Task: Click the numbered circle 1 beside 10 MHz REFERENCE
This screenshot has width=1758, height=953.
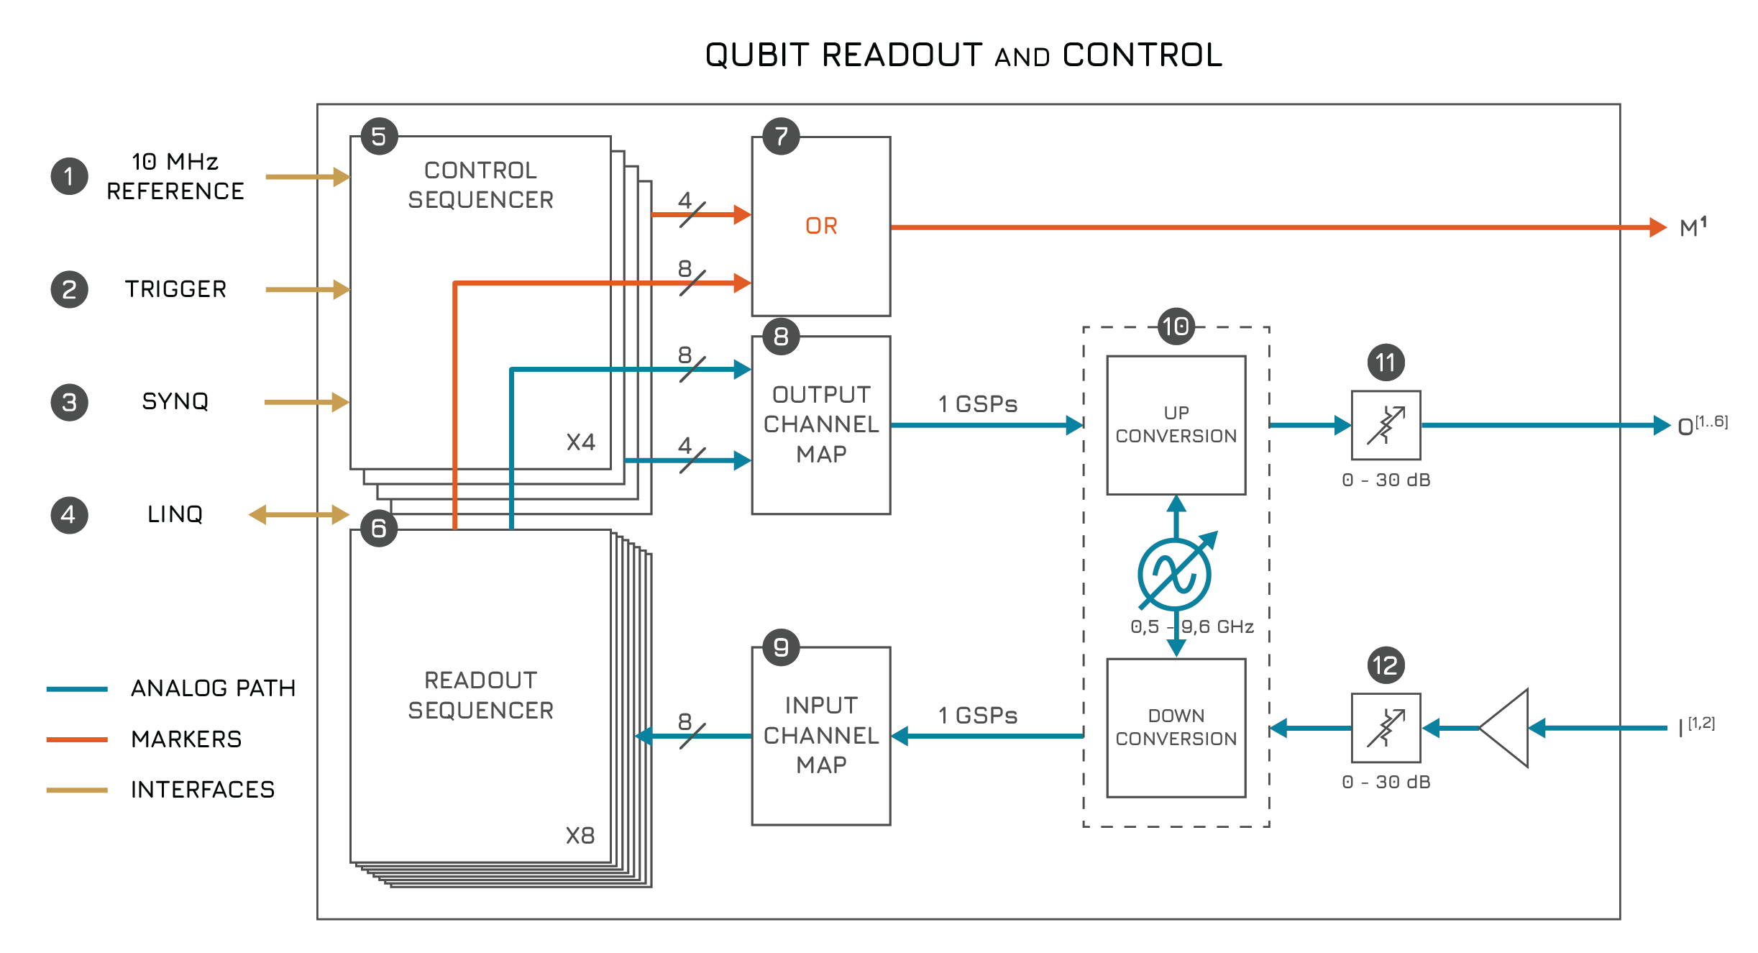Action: pyautogui.click(x=69, y=176)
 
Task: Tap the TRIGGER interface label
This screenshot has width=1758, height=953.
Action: pyautogui.click(x=175, y=289)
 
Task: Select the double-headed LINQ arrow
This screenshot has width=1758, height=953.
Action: pyautogui.click(x=298, y=514)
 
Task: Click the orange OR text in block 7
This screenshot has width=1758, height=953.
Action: pyautogui.click(x=821, y=226)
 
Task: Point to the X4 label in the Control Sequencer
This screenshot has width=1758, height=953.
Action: pyautogui.click(x=580, y=442)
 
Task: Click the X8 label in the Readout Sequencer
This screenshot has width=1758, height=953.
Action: pyautogui.click(x=580, y=835)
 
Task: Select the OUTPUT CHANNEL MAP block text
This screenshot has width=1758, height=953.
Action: pyautogui.click(x=821, y=424)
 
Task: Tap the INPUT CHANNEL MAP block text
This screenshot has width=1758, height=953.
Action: pyautogui.click(x=821, y=735)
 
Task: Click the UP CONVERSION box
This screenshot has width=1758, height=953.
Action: pyautogui.click(x=1176, y=424)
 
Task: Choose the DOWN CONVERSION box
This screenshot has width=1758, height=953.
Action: pyautogui.click(x=1176, y=727)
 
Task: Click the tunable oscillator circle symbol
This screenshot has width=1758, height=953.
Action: pyautogui.click(x=1174, y=575)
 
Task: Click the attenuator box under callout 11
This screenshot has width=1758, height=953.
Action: pyautogui.click(x=1386, y=425)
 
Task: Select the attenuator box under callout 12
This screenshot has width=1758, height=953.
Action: pyautogui.click(x=1386, y=728)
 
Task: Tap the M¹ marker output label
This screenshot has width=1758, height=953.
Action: pyautogui.click(x=1693, y=227)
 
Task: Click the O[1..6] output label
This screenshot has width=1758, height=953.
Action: pyautogui.click(x=1701, y=426)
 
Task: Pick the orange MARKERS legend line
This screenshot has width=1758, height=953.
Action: pyautogui.click(x=77, y=739)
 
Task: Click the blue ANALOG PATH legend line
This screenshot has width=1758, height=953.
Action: pyautogui.click(x=77, y=689)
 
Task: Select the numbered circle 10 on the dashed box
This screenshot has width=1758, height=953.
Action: pyautogui.click(x=1176, y=327)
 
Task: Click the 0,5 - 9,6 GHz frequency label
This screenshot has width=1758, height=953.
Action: pyautogui.click(x=1192, y=626)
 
